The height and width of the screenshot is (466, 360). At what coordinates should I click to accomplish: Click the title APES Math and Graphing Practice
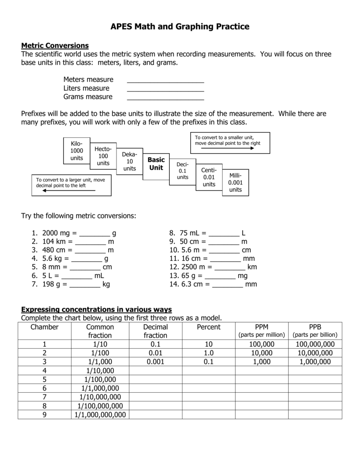point(180,27)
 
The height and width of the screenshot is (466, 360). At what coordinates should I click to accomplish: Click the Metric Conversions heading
point(55,46)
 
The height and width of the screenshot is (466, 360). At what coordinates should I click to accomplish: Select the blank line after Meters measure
point(165,81)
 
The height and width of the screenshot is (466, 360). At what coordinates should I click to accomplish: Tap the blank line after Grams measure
point(165,99)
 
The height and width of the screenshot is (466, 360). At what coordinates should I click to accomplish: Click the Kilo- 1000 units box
point(76,151)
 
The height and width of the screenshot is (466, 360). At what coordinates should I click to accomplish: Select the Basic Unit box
point(156,164)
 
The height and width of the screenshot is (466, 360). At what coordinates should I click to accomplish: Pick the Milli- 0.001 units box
point(235,182)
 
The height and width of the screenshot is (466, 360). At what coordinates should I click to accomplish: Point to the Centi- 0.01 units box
point(209,177)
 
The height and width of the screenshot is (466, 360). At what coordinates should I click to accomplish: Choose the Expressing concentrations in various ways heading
point(96,309)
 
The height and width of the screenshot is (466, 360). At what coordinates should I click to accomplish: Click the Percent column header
point(208,327)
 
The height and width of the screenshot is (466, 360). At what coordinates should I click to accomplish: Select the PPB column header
point(315,327)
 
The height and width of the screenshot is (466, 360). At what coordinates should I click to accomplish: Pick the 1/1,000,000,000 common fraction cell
point(100,415)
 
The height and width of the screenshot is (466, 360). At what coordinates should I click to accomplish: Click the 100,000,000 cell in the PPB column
point(315,344)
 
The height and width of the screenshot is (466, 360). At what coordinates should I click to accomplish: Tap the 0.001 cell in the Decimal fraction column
point(156,362)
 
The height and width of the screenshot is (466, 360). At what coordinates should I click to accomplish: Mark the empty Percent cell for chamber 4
point(208,371)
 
